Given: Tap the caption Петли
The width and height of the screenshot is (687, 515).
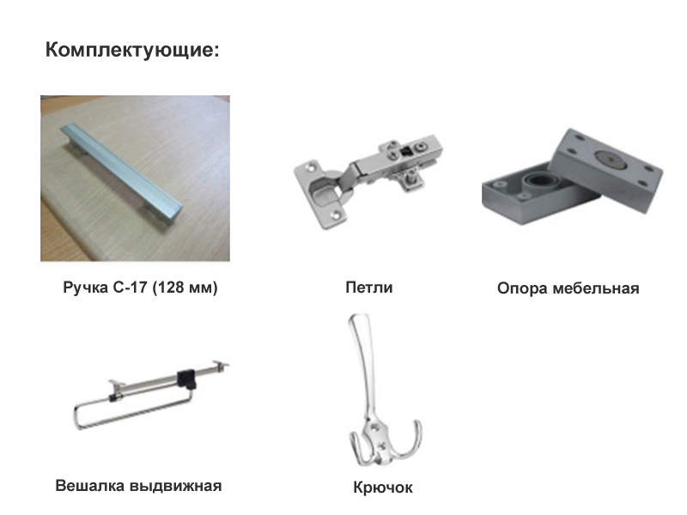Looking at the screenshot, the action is (369, 288).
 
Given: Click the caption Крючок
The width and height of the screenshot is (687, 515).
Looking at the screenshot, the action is (383, 488).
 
